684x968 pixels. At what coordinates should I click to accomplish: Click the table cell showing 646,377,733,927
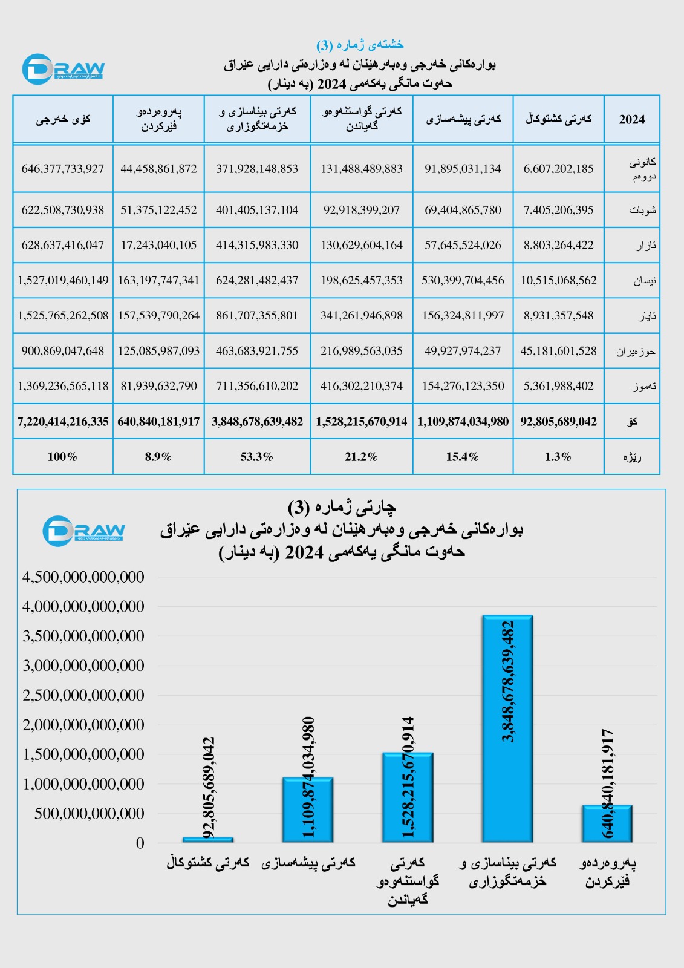(63, 169)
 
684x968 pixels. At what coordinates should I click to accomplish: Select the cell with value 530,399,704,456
(463, 280)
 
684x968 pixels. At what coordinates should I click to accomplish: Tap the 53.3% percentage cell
(257, 457)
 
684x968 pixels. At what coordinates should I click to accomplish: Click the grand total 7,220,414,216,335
(63, 422)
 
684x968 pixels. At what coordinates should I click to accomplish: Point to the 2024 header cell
(631, 119)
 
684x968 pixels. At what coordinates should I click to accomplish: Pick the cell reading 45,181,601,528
(558, 351)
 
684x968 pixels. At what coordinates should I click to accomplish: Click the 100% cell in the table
(63, 457)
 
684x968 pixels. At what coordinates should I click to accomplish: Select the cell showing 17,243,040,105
(158, 245)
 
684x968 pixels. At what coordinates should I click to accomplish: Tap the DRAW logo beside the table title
(63, 69)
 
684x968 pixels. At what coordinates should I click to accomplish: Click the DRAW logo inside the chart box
(83, 531)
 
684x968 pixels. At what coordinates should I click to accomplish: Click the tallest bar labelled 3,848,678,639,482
(507, 728)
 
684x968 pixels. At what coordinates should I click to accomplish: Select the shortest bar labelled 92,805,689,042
(207, 840)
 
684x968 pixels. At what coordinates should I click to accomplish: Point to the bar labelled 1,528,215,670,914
(408, 797)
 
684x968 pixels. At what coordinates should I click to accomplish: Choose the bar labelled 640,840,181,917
(607, 823)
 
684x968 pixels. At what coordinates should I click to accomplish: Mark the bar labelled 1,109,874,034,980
(308, 809)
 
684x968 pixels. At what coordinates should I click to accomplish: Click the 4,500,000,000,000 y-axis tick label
(83, 577)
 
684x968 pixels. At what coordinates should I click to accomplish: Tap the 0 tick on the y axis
(140, 843)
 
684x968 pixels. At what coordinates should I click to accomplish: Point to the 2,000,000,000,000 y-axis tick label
(83, 725)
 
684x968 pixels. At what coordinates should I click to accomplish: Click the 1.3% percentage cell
(558, 457)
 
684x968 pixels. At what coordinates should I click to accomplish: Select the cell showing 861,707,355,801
(257, 315)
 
